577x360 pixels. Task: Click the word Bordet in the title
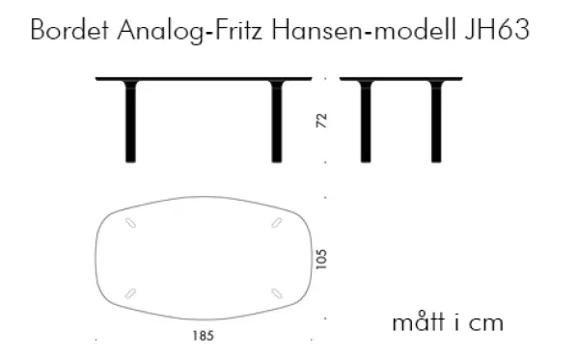[69, 30]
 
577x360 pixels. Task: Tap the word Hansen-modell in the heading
[364, 30]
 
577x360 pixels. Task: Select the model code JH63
[497, 30]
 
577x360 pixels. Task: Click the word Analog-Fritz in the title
[190, 31]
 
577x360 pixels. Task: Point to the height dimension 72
[321, 121]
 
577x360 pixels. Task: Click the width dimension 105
[321, 259]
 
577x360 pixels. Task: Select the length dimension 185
[204, 336]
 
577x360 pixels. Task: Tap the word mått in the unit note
[419, 322]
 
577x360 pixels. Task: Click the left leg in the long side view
[130, 122]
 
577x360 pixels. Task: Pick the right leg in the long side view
[277, 122]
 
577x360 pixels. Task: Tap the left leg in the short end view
[366, 122]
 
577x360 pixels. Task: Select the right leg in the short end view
[436, 122]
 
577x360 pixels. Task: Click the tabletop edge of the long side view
[204, 79]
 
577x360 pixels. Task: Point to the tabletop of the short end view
[401, 79]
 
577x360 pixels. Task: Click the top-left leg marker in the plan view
[130, 223]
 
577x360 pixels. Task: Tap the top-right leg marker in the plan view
[277, 223]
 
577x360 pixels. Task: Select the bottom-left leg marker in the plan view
[130, 293]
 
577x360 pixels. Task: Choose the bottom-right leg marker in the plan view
[277, 293]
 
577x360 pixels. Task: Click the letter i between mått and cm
[457, 322]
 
